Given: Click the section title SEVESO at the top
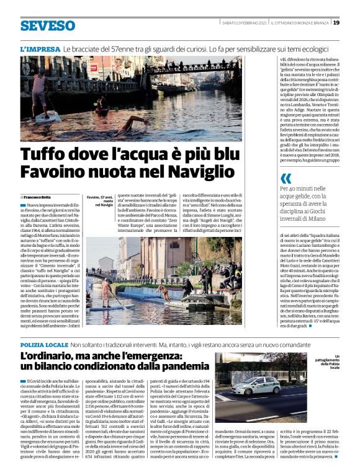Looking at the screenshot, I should [48, 25].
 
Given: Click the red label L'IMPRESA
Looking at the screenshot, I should [40, 48].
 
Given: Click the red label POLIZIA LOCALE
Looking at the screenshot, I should [44, 344].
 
